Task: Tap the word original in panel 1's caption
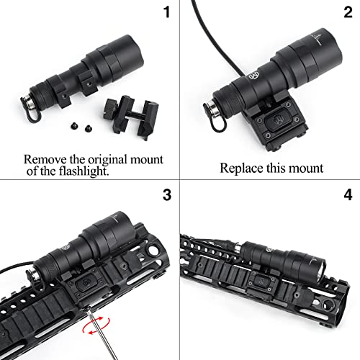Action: click(x=99, y=158)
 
